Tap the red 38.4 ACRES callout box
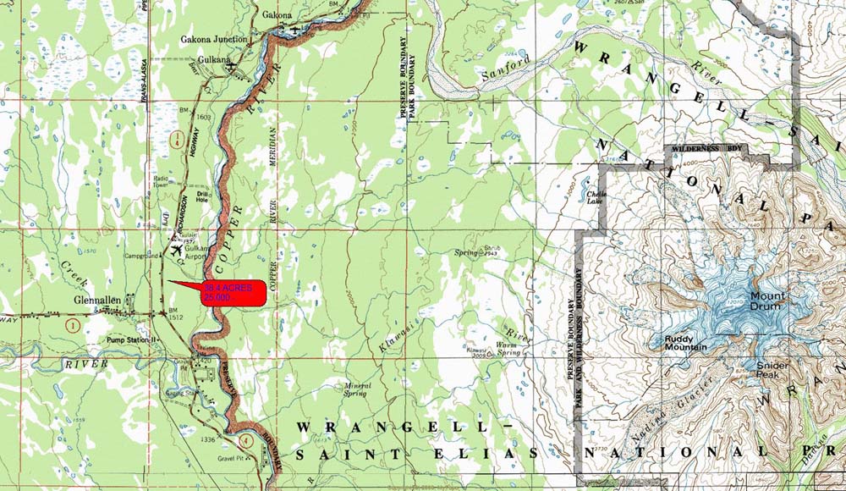pyautogui.click(x=233, y=292)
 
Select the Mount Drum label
pyautogui.click(x=767, y=301)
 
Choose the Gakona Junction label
pyautogui.click(x=214, y=39)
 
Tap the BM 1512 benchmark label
pyautogui.click(x=177, y=315)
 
